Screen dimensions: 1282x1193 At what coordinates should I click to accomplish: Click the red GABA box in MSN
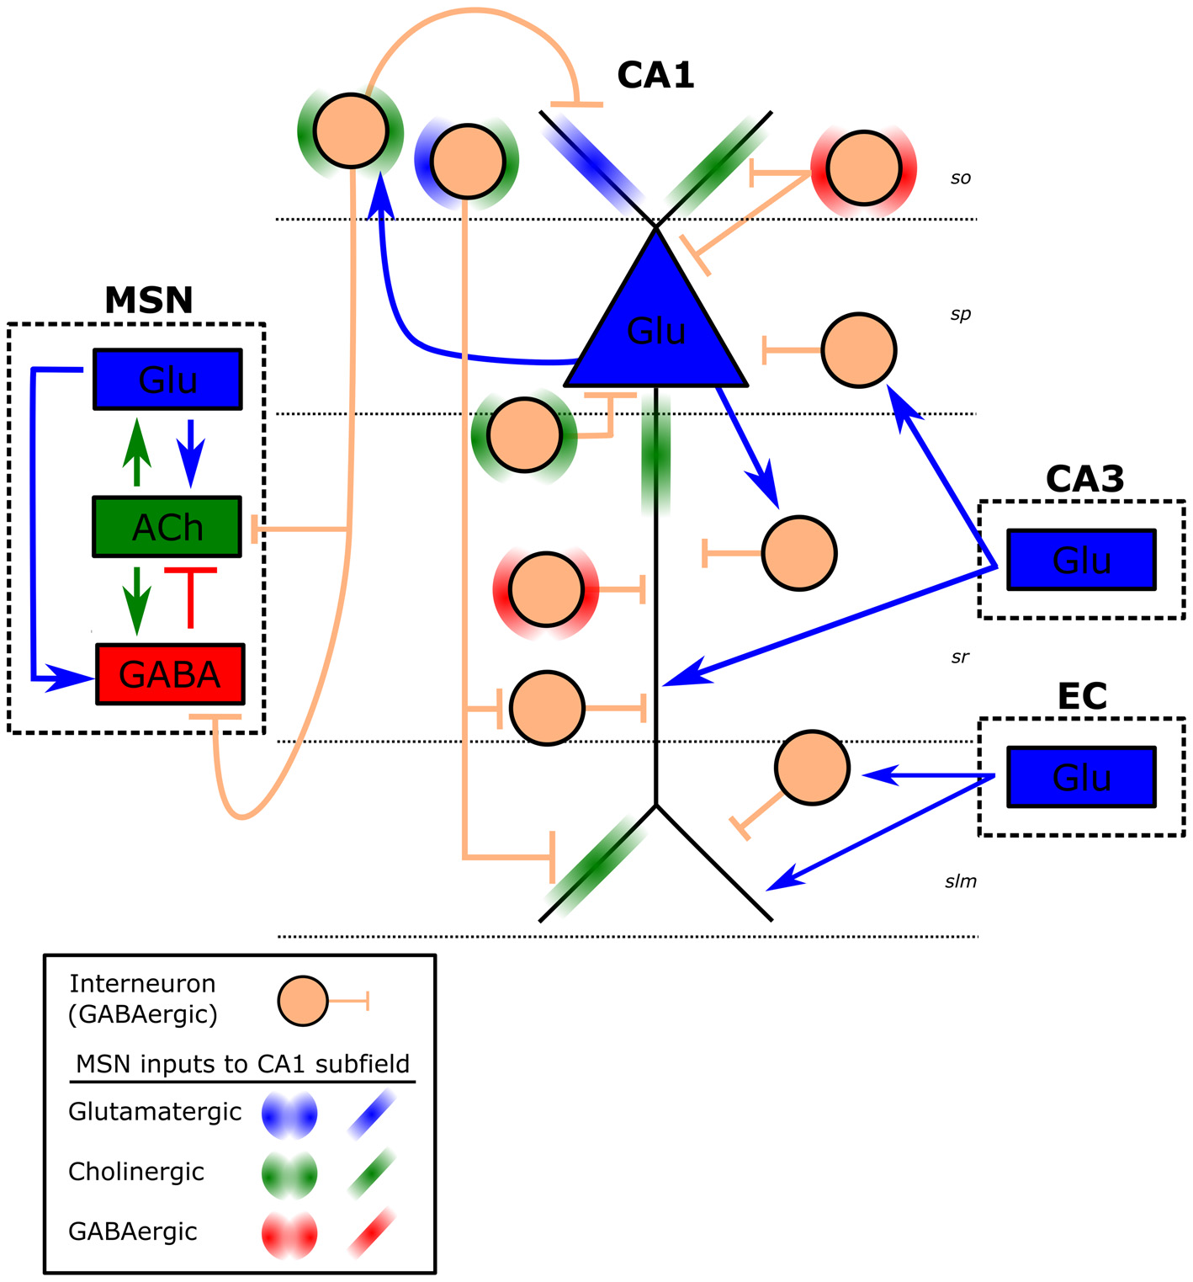pos(170,674)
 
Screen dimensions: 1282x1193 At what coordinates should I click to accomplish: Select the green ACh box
pos(167,527)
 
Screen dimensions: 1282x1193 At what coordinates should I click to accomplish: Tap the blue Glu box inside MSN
pos(167,380)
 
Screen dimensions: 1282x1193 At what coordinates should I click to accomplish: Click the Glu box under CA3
pos(1081,560)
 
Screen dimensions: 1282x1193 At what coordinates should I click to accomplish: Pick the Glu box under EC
pos(1081,777)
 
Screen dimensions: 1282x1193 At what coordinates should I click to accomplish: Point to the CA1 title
pos(655,75)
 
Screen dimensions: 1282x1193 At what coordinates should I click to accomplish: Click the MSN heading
pos(148,301)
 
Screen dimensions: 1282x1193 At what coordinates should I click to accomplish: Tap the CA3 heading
pos(1084,479)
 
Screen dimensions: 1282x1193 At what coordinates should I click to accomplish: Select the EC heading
pos(1082,696)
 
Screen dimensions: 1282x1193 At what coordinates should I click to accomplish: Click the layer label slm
pos(960,881)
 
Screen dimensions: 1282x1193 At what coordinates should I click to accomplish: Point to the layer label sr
pos(960,657)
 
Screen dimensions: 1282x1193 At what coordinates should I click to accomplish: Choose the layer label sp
pos(960,314)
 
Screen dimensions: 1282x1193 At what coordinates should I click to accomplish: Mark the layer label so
pos(960,178)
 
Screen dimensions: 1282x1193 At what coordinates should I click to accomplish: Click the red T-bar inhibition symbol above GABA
pos(191,594)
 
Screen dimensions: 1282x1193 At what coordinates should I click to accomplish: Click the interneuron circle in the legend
pos(303,1001)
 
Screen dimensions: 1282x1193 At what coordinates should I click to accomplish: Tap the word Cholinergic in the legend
pos(136,1172)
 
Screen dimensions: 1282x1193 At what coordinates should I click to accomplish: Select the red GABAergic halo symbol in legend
pos(289,1235)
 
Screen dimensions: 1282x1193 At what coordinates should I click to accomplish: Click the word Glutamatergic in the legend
pos(155,1112)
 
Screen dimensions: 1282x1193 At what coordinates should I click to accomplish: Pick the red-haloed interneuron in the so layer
pos(863,168)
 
